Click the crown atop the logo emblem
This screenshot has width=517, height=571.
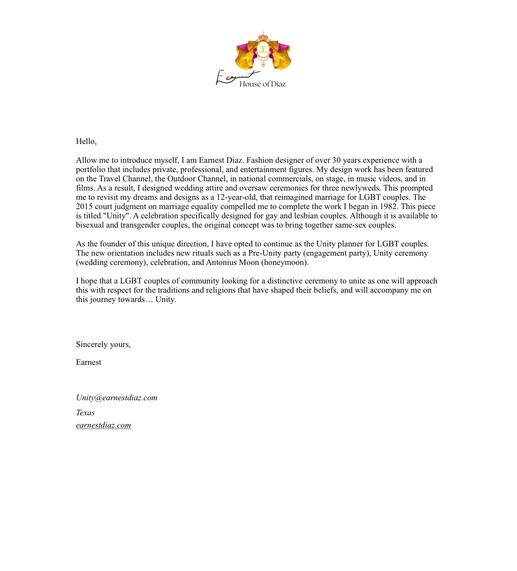click(263, 36)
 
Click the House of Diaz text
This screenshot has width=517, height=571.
click(262, 84)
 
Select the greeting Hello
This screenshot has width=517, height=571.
click(86, 141)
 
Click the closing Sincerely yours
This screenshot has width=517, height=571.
click(103, 344)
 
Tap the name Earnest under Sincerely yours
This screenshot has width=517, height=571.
click(88, 362)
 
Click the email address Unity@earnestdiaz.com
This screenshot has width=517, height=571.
click(116, 398)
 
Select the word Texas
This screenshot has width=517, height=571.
click(85, 413)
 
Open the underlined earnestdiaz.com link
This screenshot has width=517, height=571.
click(103, 426)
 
